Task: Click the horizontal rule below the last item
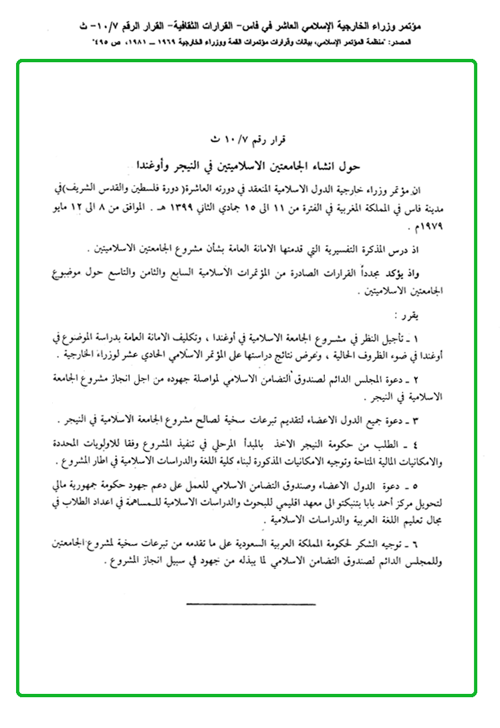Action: [250, 604]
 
